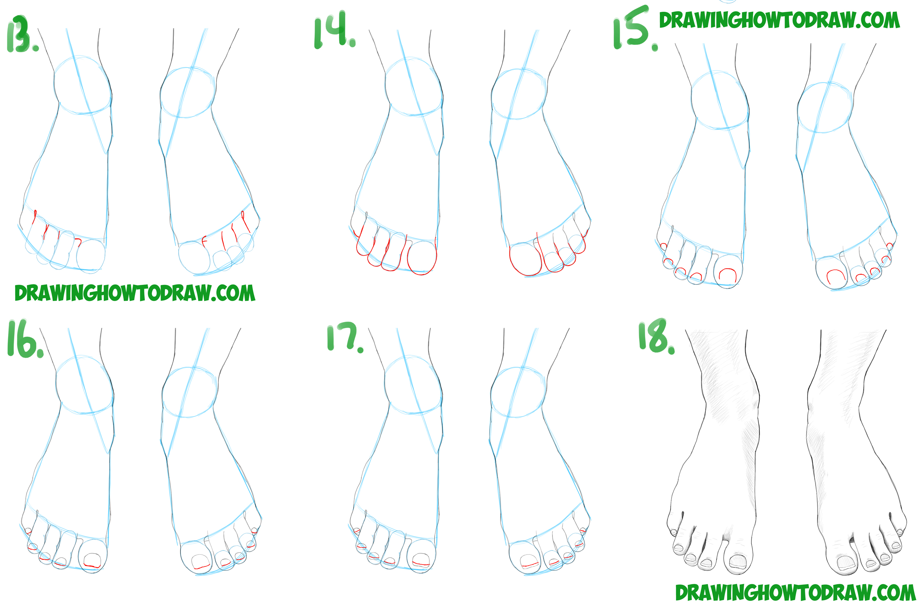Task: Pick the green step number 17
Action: click(344, 337)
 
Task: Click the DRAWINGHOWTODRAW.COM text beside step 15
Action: click(779, 20)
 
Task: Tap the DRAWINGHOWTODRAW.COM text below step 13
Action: click(135, 293)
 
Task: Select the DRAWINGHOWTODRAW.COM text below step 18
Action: click(795, 593)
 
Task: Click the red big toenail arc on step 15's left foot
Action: click(727, 274)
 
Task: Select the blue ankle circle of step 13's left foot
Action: click(82, 85)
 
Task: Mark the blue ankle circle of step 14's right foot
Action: click(519, 94)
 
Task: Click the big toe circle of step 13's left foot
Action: click(91, 256)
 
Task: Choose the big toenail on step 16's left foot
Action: click(92, 560)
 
